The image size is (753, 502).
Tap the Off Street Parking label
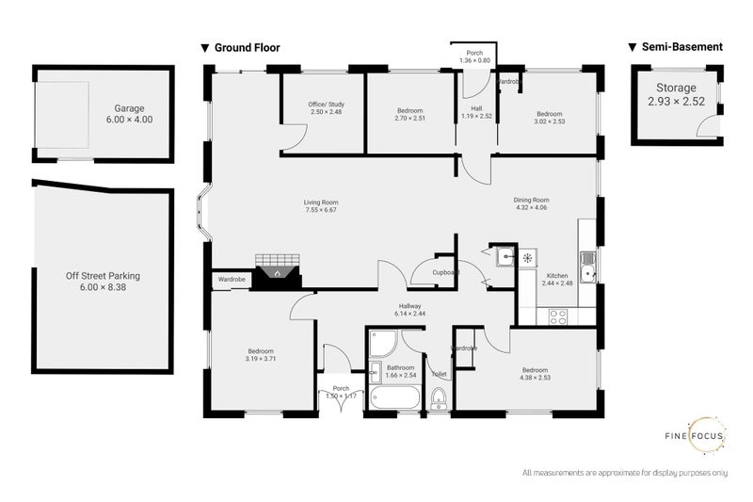tap(103, 282)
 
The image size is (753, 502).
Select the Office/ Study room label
tap(324, 107)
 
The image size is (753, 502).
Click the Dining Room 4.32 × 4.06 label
tap(531, 204)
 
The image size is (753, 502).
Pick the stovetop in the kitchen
tap(557, 316)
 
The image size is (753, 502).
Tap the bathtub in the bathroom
tap(394, 397)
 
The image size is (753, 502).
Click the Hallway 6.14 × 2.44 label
tap(410, 309)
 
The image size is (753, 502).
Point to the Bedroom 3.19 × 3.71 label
tap(253, 355)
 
